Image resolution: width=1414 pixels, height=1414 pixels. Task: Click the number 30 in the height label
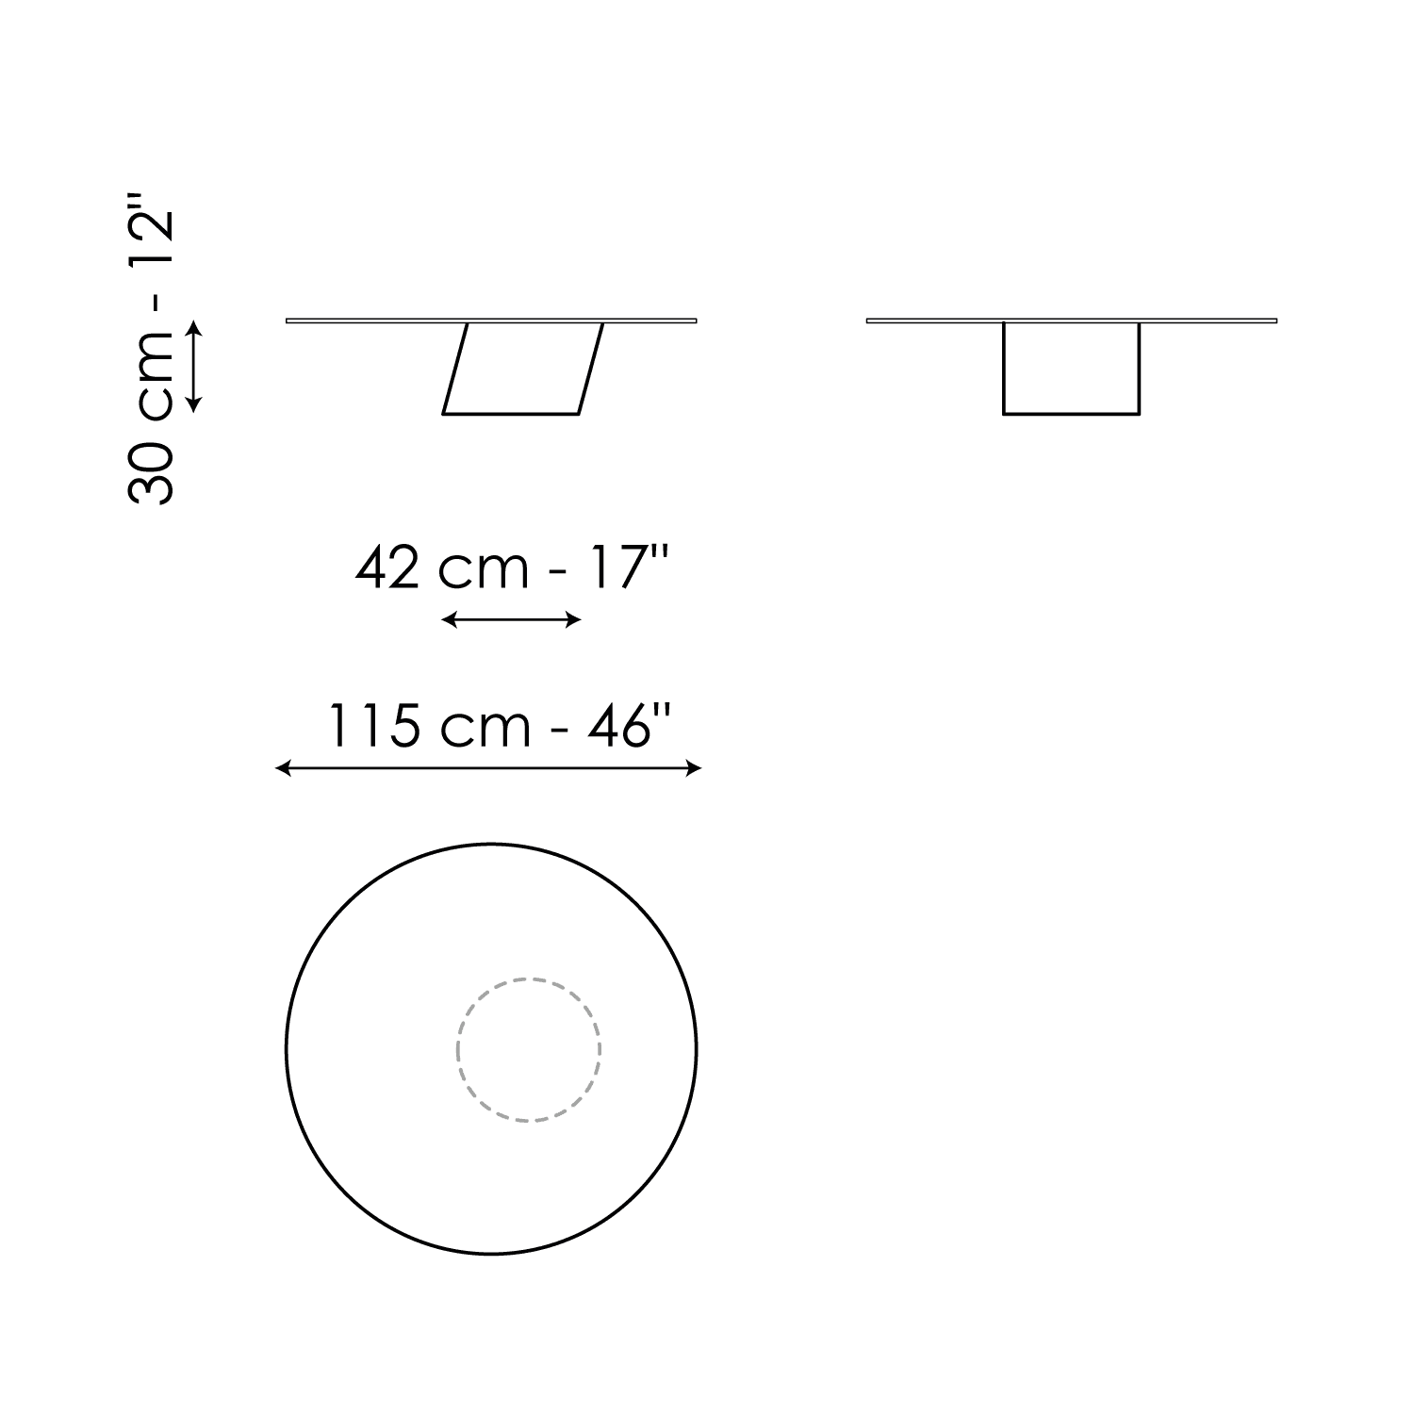coord(151,471)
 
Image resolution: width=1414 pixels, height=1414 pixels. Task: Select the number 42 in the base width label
coord(387,568)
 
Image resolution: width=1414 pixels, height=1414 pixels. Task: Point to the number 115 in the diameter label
coord(373,727)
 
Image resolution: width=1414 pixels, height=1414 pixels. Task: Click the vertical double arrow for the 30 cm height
coord(193,367)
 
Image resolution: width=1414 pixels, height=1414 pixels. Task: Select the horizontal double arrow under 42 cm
coord(511,619)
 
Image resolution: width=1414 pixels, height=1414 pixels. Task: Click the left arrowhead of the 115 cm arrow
coord(281,769)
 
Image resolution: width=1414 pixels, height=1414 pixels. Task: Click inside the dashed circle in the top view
coord(529,1049)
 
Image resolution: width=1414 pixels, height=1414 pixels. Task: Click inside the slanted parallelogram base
coord(523,369)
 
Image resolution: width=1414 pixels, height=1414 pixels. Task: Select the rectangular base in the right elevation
coord(1072,369)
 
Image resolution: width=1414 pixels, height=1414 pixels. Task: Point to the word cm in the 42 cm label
coord(484,568)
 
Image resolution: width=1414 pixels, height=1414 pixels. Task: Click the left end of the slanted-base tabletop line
coord(288,321)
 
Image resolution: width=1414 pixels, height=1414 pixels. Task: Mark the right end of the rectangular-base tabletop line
coord(1275,321)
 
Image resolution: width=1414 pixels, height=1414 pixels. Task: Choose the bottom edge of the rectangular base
coord(1072,413)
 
